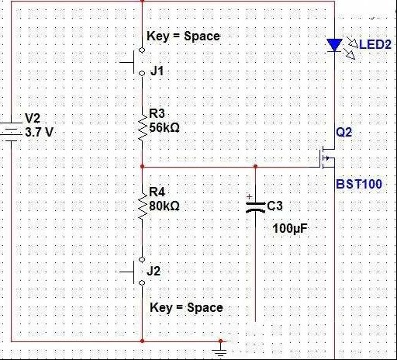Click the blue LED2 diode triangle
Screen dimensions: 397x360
click(334, 45)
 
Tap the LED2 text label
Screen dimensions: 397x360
click(375, 44)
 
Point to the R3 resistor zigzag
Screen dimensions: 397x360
click(143, 127)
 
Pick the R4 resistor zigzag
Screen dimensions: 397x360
click(143, 206)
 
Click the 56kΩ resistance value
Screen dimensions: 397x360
click(164, 127)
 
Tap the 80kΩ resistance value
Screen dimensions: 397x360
click(164, 206)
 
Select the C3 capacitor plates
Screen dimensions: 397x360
click(255, 207)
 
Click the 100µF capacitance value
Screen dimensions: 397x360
click(290, 228)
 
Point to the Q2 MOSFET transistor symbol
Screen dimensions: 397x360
click(326, 158)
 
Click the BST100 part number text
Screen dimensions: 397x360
click(359, 184)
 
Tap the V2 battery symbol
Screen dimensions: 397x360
click(11, 132)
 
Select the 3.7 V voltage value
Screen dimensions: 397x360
click(39, 133)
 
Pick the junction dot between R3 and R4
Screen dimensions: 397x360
click(143, 167)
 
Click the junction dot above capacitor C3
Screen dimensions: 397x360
click(255, 167)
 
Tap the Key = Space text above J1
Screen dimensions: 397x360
click(184, 36)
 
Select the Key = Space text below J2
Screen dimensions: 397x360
click(186, 308)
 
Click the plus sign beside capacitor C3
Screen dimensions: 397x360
click(249, 197)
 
